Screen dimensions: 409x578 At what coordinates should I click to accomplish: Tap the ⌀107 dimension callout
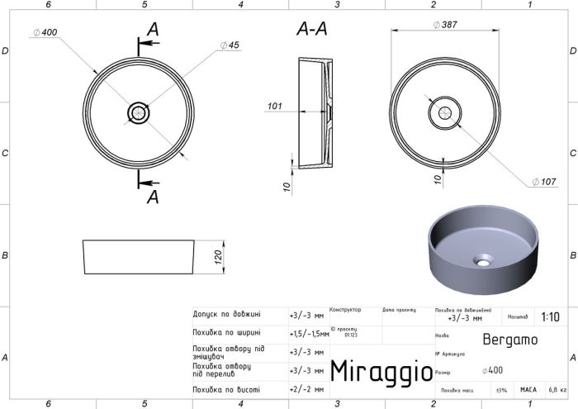(x=543, y=181)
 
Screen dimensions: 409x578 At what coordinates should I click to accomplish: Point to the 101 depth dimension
(x=276, y=106)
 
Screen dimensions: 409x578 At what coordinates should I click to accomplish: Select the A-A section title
(x=312, y=30)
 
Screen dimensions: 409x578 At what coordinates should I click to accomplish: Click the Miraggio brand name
(x=381, y=371)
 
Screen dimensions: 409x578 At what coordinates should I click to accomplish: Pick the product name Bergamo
(x=509, y=338)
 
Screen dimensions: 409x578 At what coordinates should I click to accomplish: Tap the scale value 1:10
(x=550, y=316)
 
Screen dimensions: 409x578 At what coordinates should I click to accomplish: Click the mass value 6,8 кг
(x=558, y=388)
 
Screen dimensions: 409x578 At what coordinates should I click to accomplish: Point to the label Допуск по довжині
(x=226, y=314)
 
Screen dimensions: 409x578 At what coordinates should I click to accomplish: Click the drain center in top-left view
(x=138, y=112)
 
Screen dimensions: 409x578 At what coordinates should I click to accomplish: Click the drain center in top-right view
(x=446, y=112)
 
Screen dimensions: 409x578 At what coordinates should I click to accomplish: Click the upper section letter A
(x=152, y=30)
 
